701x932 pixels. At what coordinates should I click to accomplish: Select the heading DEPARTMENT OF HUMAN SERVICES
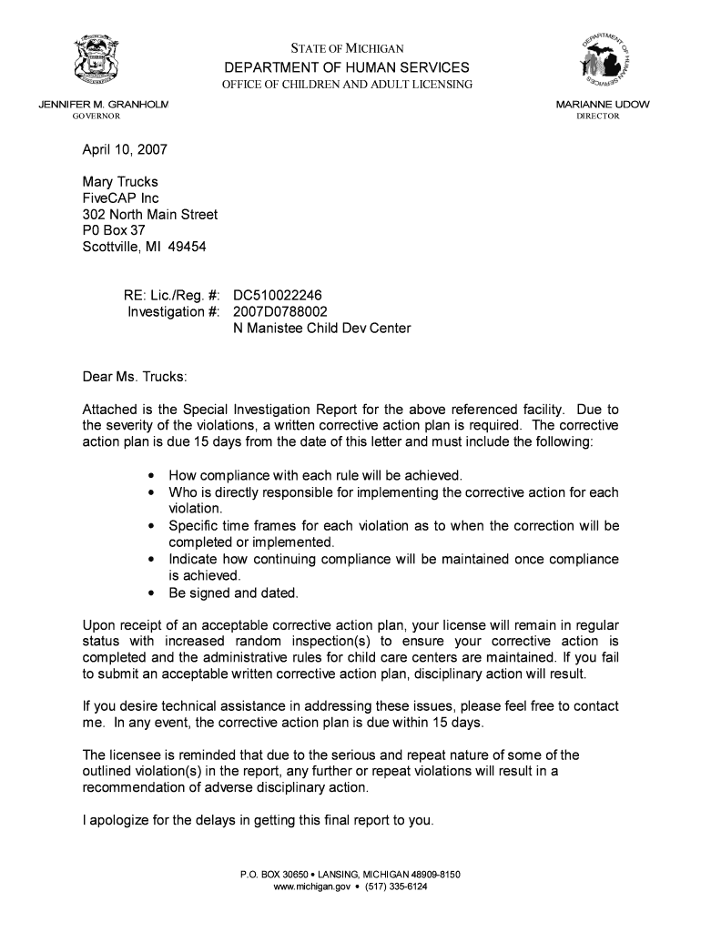[x=347, y=68]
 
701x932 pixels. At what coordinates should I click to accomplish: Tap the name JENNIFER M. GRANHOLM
[x=103, y=105]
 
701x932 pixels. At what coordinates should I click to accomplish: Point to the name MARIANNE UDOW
[x=603, y=105]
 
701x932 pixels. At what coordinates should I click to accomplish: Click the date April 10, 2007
[x=125, y=148]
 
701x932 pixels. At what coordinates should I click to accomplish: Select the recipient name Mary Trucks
[x=120, y=182]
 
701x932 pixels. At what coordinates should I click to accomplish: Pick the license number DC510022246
[x=278, y=296]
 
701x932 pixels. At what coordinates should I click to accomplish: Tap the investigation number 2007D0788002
[x=279, y=312]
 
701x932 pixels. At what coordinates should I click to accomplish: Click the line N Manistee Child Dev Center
[x=322, y=329]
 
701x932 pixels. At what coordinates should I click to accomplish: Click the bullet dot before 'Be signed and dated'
[x=149, y=593]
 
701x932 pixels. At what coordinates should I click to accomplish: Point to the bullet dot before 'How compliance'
[x=149, y=476]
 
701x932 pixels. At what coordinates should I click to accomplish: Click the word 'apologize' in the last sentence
[x=120, y=820]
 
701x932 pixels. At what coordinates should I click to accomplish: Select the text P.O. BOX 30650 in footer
[x=272, y=875]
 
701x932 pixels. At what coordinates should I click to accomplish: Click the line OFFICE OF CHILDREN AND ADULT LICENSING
[x=348, y=86]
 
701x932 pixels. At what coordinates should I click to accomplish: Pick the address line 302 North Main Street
[x=150, y=215]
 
